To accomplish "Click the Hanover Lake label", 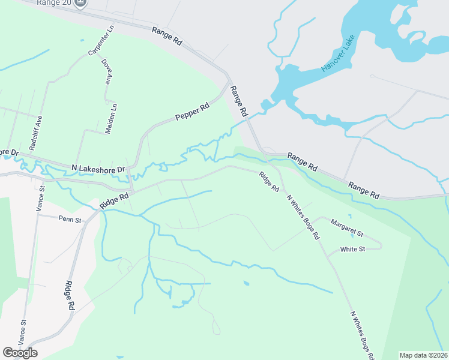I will [338, 54].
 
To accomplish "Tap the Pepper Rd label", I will [191, 112].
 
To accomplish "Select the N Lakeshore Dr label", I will [97, 169].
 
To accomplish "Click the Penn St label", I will [70, 220].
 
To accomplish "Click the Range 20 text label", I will [53, 3].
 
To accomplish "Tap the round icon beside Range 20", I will [81, 3].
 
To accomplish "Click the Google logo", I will [20, 352].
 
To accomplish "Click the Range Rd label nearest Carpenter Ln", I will [166, 37].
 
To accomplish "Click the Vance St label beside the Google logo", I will [22, 331].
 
